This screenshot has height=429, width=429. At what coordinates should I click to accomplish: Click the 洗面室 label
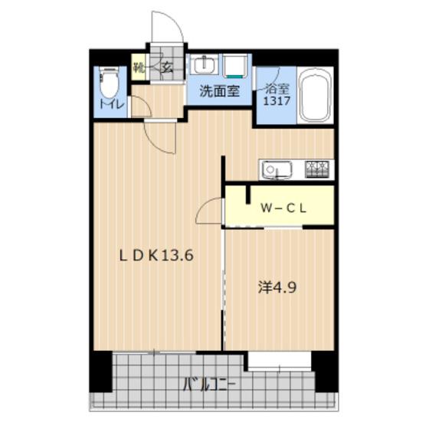pyautogui.click(x=219, y=91)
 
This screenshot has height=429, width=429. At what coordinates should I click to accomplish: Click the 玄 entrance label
pyautogui.click(x=167, y=66)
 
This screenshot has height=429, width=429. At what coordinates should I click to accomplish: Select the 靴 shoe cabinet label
pyautogui.click(x=139, y=66)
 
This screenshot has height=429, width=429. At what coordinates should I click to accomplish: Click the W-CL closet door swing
pyautogui.click(x=208, y=211)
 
